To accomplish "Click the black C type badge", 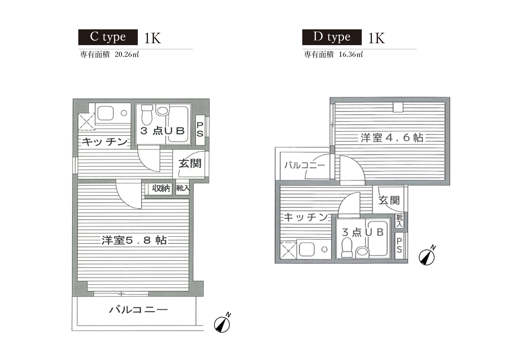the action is pos(108,37).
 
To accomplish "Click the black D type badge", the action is pos(332,37).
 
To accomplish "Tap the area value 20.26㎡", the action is pos(127,54).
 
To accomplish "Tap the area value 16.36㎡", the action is pos(351,54).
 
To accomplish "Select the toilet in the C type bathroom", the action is pos(147,115).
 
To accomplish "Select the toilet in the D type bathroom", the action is pos(347,248).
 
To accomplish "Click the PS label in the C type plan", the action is pos(200,129).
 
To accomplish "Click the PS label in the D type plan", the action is pos(399,245).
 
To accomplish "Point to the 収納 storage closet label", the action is pos(161,188).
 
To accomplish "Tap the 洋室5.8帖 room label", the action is pos(134,240).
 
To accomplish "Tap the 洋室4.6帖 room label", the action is pos(392,138).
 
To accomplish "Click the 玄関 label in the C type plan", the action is pos(190,163).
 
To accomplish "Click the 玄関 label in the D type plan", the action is pos(389,201).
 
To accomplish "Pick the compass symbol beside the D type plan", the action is pos(427,255).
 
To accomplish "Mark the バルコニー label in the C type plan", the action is pos(139,310).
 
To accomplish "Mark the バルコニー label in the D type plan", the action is pos(305,165).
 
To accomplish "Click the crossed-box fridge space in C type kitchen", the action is pos(86,122).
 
